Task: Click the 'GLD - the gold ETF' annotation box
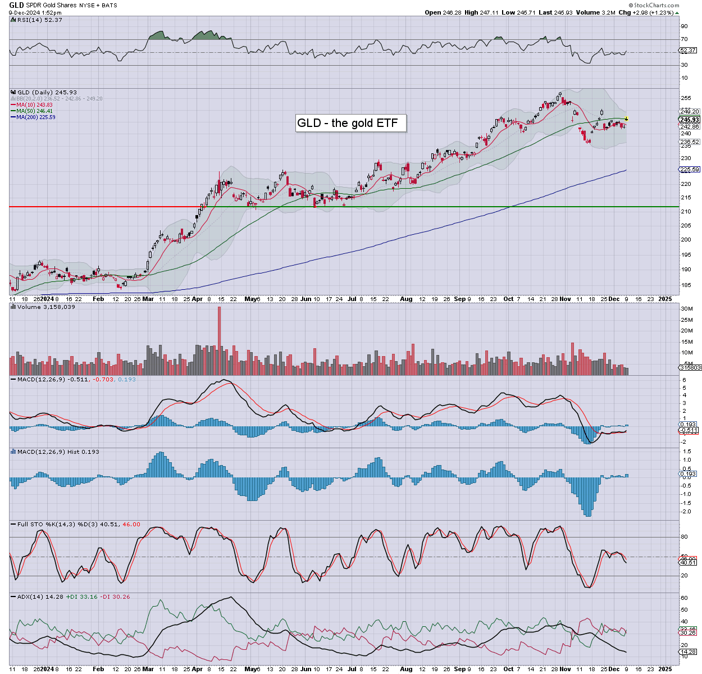coord(350,123)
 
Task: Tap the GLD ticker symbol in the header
coord(17,5)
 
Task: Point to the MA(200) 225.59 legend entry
coord(35,117)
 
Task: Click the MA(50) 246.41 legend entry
coord(34,111)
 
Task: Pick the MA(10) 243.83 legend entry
coord(34,104)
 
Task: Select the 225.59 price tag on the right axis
coord(690,170)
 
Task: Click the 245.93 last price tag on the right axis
coord(690,120)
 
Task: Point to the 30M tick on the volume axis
coord(686,309)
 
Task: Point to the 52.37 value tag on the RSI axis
coord(688,51)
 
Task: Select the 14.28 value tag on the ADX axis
coord(689,652)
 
